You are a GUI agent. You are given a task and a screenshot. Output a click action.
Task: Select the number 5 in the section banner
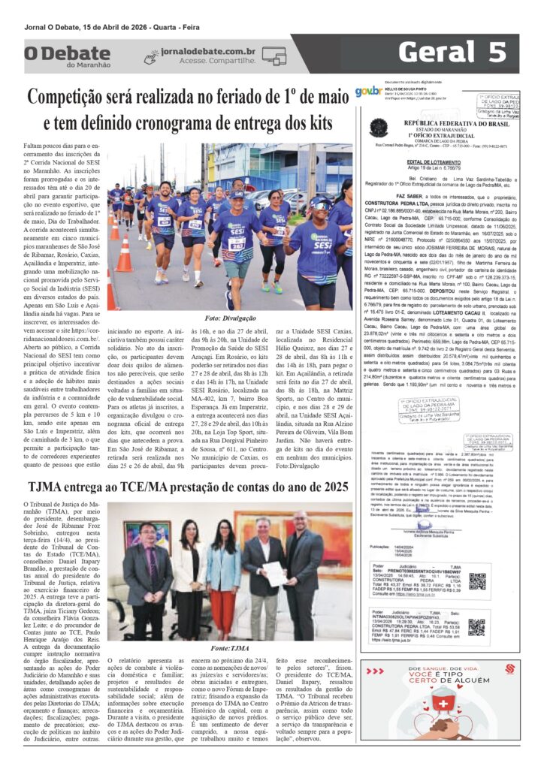[x=494, y=53]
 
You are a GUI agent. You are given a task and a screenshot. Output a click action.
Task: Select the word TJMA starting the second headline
[x=48, y=487]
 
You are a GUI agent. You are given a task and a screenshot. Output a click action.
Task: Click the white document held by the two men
[x=276, y=552]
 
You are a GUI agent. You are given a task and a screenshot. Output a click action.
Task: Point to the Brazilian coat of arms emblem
[x=378, y=128]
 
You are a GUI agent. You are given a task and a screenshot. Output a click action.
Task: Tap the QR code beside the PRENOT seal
[x=477, y=560]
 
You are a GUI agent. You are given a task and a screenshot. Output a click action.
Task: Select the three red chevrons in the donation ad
[x=510, y=669]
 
